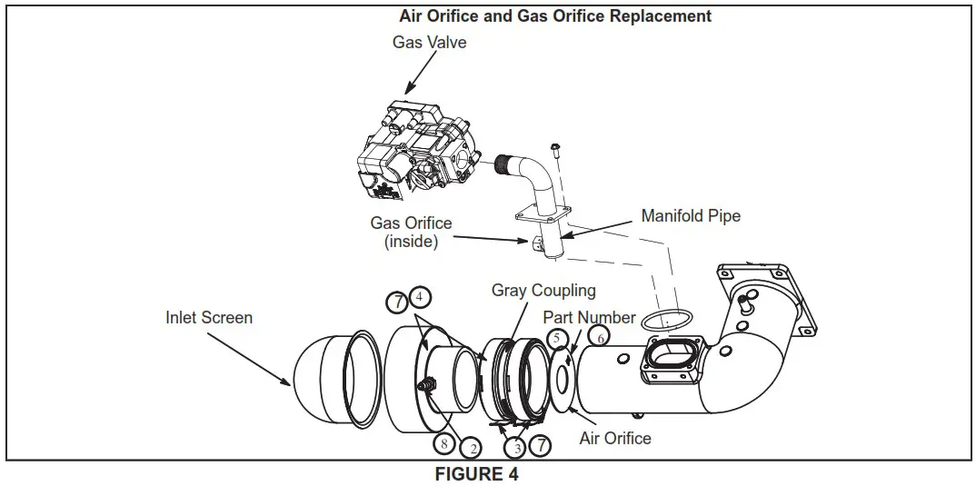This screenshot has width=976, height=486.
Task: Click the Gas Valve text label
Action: click(x=429, y=42)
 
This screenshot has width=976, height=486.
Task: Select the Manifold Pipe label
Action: click(x=691, y=216)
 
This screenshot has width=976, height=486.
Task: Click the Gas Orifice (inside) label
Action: click(x=411, y=232)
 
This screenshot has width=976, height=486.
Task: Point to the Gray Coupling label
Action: click(x=543, y=291)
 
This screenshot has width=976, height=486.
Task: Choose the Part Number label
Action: click(x=589, y=318)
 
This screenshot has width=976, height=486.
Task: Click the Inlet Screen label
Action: click(x=209, y=318)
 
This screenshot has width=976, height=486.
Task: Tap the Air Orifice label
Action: click(x=615, y=438)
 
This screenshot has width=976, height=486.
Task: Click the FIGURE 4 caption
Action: click(x=482, y=474)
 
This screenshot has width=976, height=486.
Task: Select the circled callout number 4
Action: click(x=420, y=296)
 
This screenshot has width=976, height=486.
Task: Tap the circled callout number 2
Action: click(x=470, y=447)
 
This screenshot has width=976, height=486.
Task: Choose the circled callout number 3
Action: click(x=515, y=447)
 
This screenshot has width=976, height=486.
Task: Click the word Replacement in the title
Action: click(x=660, y=16)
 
